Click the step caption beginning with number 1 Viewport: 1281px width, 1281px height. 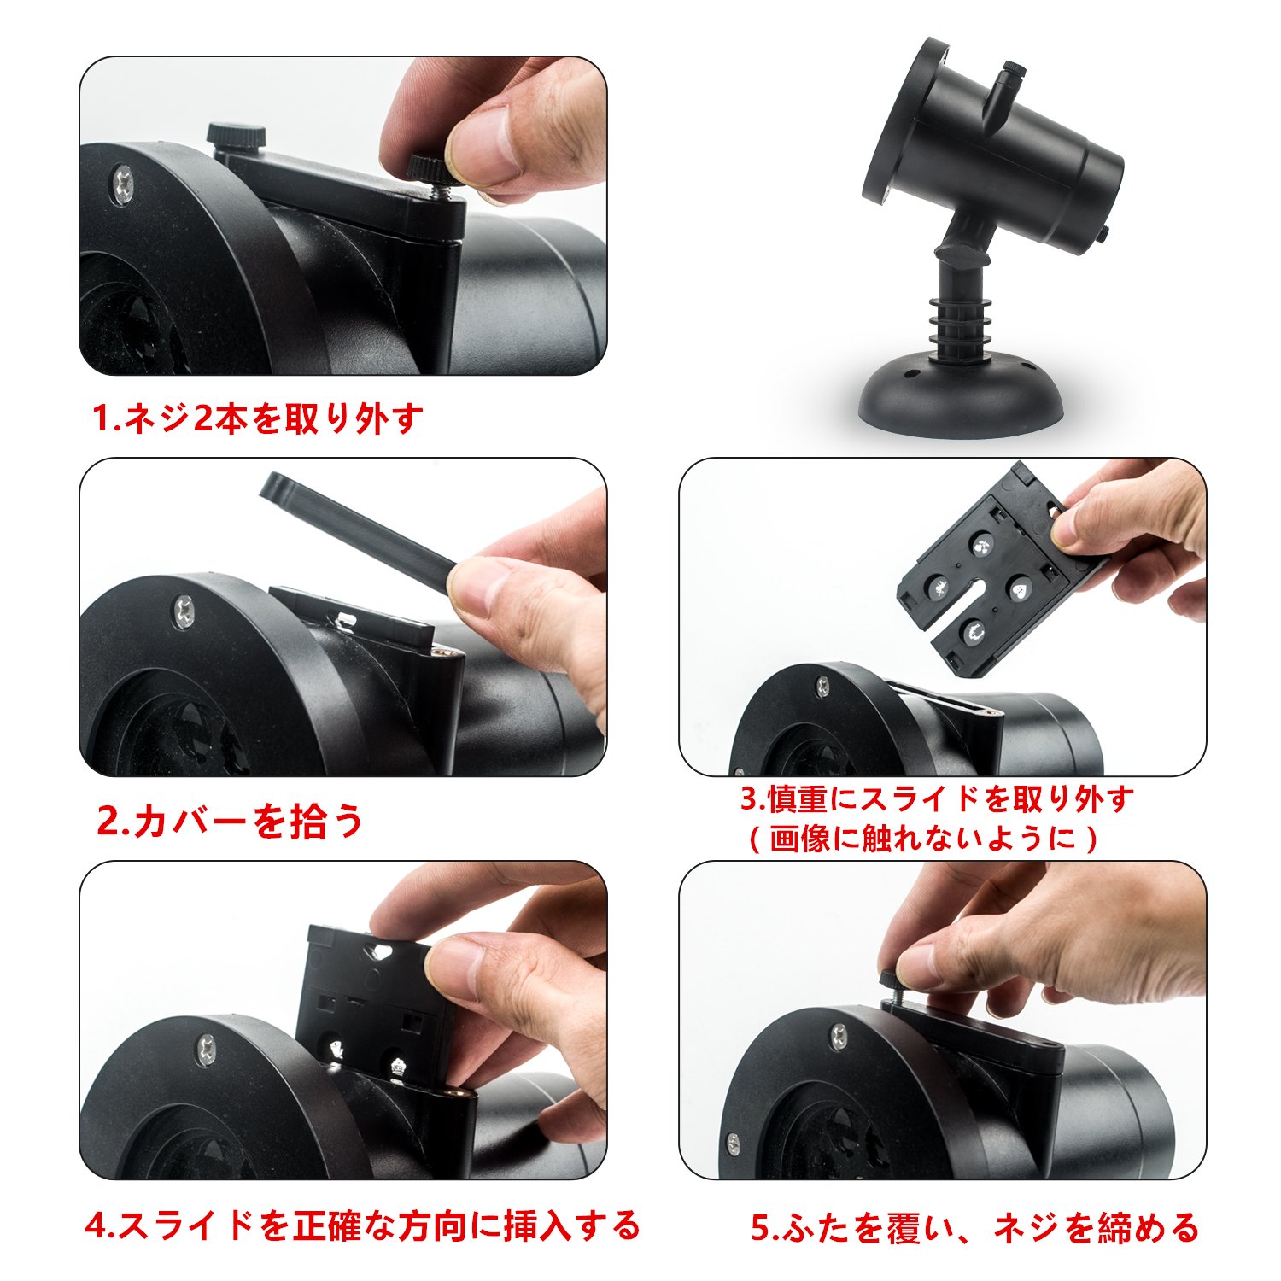(257, 418)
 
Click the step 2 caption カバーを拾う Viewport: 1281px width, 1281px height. (231, 821)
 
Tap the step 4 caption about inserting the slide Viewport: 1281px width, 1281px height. (362, 1225)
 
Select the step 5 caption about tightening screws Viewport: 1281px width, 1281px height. (975, 1227)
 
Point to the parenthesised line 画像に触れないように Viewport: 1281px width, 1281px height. (923, 838)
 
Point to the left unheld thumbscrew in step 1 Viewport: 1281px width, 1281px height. (235, 137)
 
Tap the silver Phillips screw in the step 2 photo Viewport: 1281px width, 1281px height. (184, 611)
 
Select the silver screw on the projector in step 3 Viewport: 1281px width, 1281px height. (823, 684)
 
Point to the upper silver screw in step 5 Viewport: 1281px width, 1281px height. (840, 1037)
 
